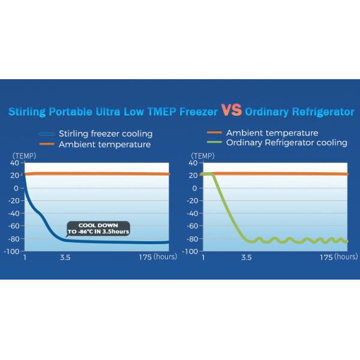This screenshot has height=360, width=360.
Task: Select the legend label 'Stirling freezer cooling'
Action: click(x=105, y=133)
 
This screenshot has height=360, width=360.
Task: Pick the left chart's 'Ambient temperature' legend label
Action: click(x=104, y=145)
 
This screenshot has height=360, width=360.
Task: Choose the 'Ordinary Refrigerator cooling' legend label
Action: click(x=287, y=143)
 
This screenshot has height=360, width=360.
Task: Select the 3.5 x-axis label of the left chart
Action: click(x=65, y=257)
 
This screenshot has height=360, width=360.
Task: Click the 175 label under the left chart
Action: click(x=144, y=257)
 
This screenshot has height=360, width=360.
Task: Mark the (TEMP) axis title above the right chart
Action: click(x=202, y=155)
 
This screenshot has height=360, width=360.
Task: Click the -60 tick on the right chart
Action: click(x=193, y=226)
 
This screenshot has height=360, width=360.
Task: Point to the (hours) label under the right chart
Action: click(x=346, y=257)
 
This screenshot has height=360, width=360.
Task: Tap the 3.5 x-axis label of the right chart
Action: click(x=246, y=257)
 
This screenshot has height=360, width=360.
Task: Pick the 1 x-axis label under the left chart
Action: click(x=25, y=257)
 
